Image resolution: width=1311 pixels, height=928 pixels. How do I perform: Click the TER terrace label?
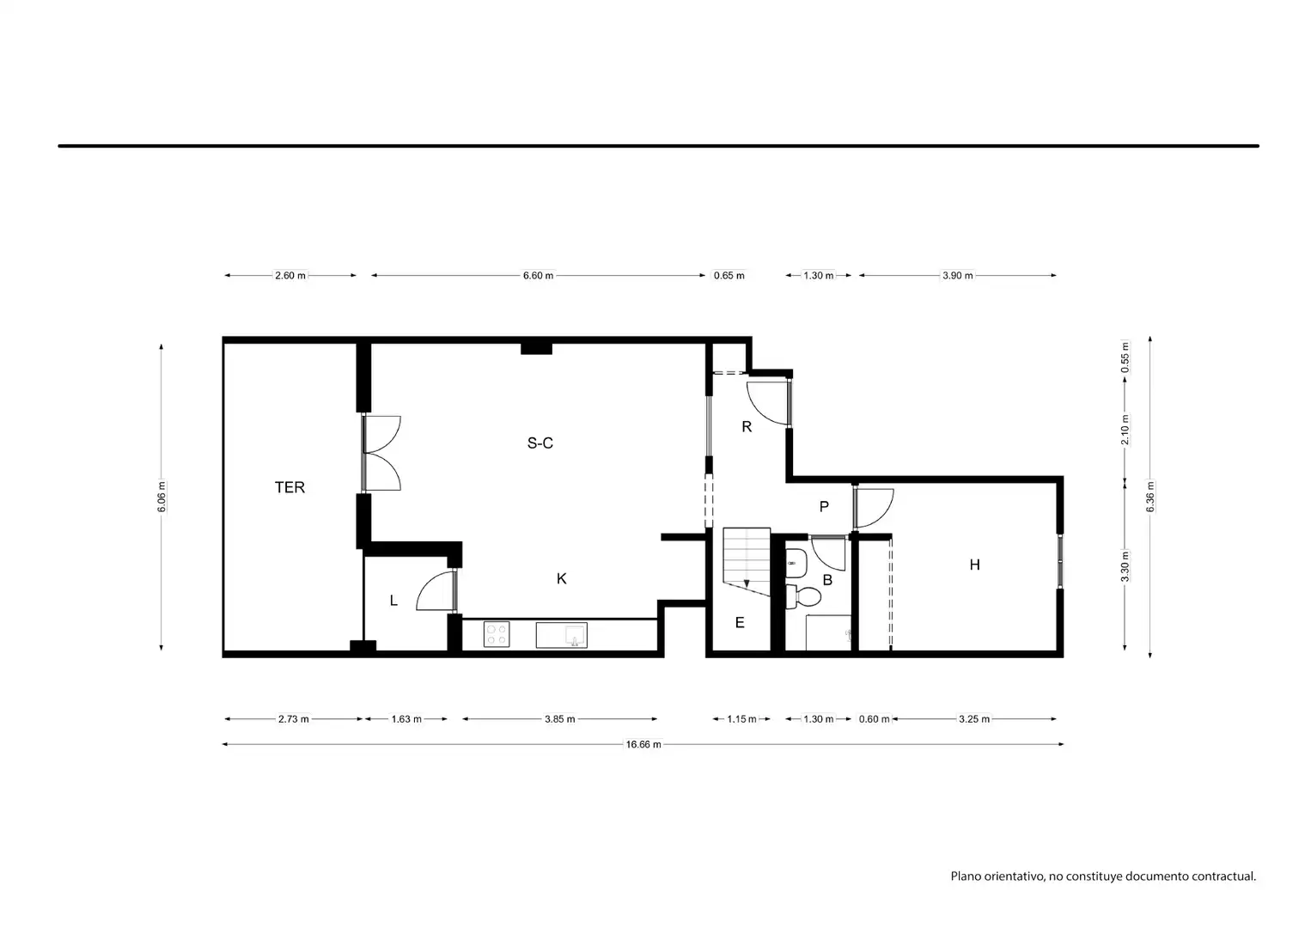pos(290,487)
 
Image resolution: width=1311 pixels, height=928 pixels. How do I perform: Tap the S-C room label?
pos(540,443)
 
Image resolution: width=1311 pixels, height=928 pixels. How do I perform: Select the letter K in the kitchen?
pos(561,579)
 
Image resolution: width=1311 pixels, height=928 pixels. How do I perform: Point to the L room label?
pos(393,600)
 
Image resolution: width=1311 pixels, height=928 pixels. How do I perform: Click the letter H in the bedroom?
pos(974,565)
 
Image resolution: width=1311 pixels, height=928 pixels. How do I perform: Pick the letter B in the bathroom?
pos(827,580)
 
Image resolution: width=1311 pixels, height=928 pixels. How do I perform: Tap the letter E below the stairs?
pos(740,623)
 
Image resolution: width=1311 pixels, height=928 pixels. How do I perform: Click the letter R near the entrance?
pos(747,427)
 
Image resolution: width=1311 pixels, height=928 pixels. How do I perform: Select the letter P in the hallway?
pos(824,506)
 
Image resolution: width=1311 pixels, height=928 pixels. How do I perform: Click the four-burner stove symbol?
pos(497,635)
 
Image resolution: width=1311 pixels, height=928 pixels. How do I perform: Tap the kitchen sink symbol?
pos(561,635)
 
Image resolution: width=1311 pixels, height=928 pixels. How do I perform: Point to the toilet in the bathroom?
pos(802,596)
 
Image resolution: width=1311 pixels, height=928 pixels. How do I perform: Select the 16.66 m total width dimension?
pos(643,744)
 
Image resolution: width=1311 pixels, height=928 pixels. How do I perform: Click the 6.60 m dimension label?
pos(538,275)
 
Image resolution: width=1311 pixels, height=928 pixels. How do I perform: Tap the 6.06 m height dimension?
pos(162,497)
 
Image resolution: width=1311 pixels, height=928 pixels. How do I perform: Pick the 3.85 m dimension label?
pos(559,719)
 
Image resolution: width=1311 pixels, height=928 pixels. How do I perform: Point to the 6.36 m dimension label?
pos(1150,497)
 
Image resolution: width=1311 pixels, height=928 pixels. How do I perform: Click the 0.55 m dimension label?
pos(1125,357)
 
